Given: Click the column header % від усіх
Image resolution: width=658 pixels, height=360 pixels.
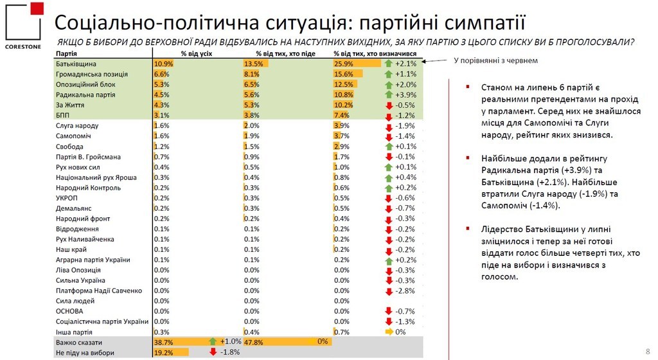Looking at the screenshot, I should tap(196, 54).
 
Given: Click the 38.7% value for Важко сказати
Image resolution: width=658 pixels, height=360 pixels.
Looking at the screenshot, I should tap(164, 343).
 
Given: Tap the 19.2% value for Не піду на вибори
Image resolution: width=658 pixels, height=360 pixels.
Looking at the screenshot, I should tap(164, 353).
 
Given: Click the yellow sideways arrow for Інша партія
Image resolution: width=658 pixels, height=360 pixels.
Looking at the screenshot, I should tap(388, 332).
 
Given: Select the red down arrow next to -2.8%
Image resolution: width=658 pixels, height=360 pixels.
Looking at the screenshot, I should tap(388, 291).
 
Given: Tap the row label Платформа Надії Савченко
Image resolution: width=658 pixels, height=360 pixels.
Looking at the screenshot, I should tap(98, 291).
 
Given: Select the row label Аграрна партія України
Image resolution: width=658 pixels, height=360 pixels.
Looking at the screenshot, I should tap(93, 260).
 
